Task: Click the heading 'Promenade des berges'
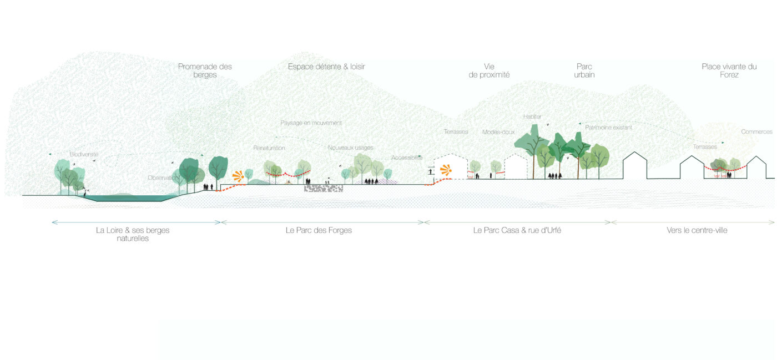205,70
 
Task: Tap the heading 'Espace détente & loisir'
326,67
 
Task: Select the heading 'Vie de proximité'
488,70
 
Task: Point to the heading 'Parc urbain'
584,70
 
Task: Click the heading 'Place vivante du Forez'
729,70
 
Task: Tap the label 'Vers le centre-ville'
697,230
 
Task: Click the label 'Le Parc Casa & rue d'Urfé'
517,230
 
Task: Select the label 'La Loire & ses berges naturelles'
133,234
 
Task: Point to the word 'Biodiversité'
84,154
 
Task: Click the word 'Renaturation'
269,148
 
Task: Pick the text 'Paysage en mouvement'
311,123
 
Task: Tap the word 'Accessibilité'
407,158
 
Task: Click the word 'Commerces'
756,132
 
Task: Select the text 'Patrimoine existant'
608,128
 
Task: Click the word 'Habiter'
532,116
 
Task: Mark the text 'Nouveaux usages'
350,148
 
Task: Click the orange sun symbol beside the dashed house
444,170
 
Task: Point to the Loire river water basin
125,197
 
